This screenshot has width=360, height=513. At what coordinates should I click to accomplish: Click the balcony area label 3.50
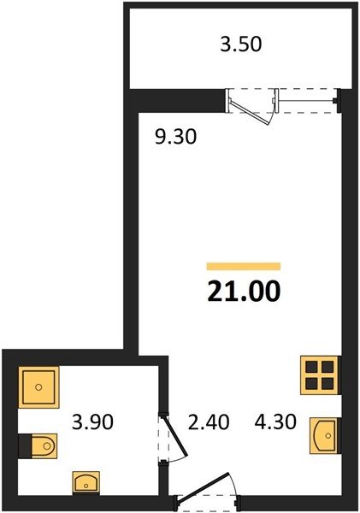coord(241,44)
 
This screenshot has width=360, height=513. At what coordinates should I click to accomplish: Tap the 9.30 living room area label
coord(176,137)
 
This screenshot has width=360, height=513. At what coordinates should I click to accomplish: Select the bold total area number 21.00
coord(244,291)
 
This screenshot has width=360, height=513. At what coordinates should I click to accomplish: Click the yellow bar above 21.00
coord(244,266)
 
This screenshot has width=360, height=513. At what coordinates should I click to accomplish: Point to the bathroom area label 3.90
coord(92,422)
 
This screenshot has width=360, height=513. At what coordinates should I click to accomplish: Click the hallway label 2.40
coord(209,422)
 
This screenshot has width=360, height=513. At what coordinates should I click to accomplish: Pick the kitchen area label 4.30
coord(275,422)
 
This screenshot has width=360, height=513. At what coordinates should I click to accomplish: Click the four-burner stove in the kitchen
coord(320,375)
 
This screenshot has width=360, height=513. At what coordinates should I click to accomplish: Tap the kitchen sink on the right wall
coord(324,435)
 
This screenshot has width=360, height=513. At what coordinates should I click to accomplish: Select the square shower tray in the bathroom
coord(38,387)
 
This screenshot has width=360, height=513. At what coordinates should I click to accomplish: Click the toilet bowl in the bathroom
coord(44,445)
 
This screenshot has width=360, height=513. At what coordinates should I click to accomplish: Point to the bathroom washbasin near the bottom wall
coord(86,483)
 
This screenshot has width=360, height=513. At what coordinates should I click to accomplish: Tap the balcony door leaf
coord(250,112)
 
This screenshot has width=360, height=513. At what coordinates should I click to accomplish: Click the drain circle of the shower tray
coord(38,387)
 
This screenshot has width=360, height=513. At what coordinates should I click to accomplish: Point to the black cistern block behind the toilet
coord(25,445)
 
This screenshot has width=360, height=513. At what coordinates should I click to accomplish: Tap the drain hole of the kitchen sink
coord(328,435)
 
